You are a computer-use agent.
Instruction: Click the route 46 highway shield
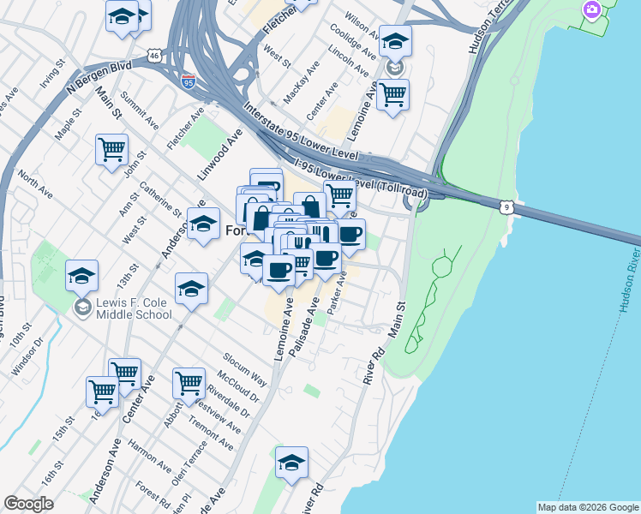pos(153,56)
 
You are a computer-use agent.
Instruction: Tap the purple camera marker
pos(590,11)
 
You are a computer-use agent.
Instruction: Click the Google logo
pos(28,504)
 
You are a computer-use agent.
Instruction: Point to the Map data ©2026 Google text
pos(588,507)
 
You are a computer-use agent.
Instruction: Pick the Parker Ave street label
pos(337,291)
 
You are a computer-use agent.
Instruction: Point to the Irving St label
pos(52,75)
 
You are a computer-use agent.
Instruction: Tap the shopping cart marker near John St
pos(111,150)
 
